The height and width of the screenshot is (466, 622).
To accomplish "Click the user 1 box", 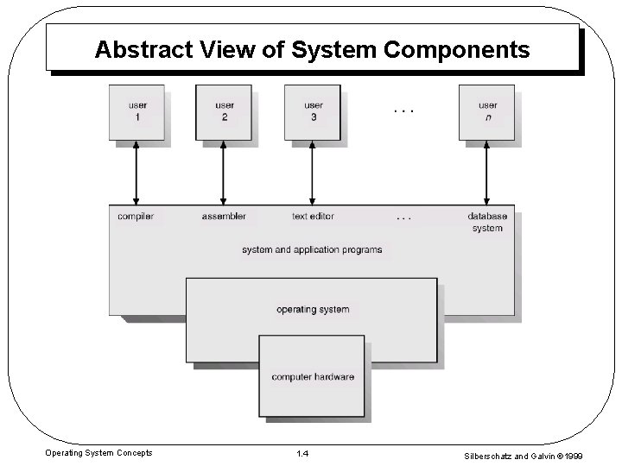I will tap(136, 111).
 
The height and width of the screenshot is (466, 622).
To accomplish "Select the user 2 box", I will tap(224, 111).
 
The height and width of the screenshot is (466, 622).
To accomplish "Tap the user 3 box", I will tap(313, 111).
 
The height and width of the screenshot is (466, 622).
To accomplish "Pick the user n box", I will tap(487, 111).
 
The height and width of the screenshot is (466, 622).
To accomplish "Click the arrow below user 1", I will tap(136, 173).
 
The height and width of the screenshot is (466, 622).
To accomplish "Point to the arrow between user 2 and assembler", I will tap(224, 173).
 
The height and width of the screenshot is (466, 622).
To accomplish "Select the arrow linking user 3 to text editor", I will tap(313, 173).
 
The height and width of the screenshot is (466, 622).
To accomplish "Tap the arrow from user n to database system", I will tap(487, 173).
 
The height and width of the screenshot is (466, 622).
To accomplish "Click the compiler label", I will tap(136, 216).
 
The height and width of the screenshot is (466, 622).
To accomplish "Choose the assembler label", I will tap(224, 216).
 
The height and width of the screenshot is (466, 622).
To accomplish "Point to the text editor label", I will tap(313, 216).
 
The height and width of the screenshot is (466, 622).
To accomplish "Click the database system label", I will tap(487, 222).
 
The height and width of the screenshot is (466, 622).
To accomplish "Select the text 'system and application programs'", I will tap(312, 250).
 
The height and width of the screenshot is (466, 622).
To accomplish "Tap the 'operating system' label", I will tap(313, 309).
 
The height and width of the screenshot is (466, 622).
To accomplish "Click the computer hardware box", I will tap(312, 375).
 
